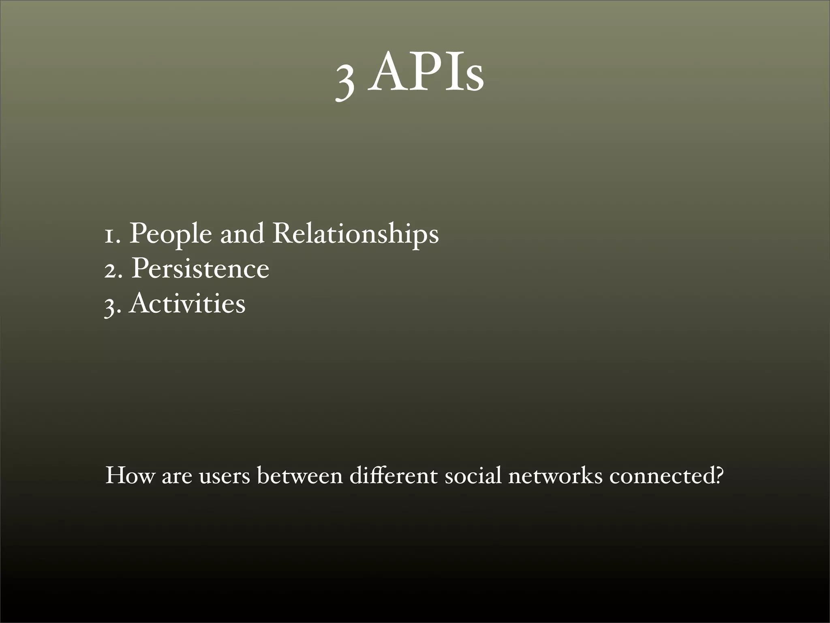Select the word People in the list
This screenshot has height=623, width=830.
click(x=170, y=234)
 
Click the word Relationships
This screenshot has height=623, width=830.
click(x=355, y=234)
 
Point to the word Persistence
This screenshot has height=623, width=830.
click(x=200, y=269)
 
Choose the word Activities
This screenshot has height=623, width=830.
click(x=187, y=303)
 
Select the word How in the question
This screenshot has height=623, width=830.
click(x=130, y=475)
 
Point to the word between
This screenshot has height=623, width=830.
click(x=300, y=475)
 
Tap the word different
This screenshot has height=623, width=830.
click(x=393, y=475)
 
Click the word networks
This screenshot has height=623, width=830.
click(x=555, y=475)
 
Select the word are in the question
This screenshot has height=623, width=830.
click(x=177, y=477)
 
